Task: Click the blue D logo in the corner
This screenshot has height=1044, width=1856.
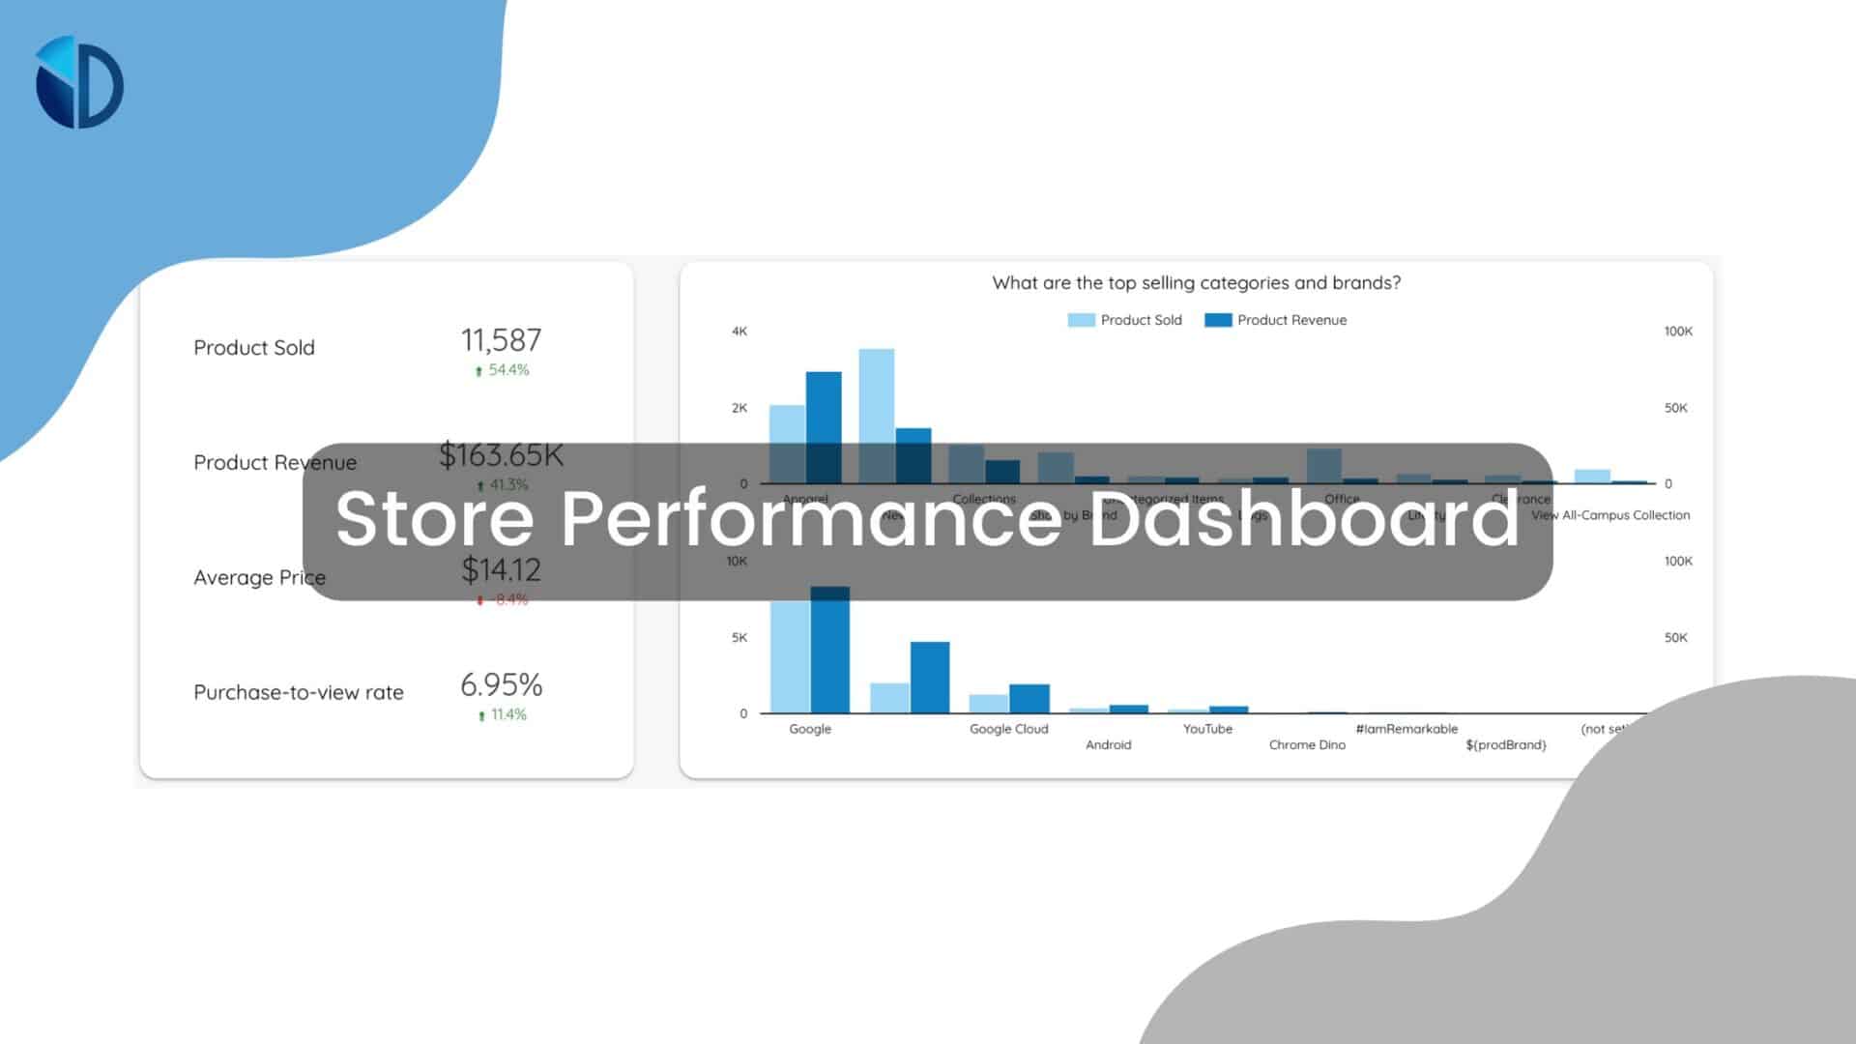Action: point(79,82)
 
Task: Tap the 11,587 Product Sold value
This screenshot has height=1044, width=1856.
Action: point(501,340)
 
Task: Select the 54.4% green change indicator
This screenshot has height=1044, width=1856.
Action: point(502,370)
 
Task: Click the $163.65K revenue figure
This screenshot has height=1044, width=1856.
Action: point(501,453)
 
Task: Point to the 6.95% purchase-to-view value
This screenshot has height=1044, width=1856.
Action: point(501,684)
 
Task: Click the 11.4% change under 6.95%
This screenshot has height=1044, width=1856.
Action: point(502,715)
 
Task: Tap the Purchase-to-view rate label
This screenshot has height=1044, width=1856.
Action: point(298,692)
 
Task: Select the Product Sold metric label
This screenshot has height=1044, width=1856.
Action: point(253,347)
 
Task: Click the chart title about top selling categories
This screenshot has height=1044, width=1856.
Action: point(1196,282)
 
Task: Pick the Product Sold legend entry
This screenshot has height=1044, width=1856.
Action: point(1125,320)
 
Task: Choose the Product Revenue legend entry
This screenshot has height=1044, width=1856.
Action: point(1276,320)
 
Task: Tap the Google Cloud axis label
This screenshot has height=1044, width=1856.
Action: point(1008,729)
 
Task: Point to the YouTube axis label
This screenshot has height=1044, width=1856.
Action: point(1207,729)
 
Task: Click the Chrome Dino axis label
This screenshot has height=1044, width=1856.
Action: point(1307,745)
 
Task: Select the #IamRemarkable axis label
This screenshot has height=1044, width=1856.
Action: point(1406,729)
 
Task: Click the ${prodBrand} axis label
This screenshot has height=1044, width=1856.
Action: point(1505,745)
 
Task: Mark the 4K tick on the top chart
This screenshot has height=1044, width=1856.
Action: point(739,332)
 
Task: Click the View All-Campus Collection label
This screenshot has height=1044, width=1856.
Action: point(1610,515)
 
